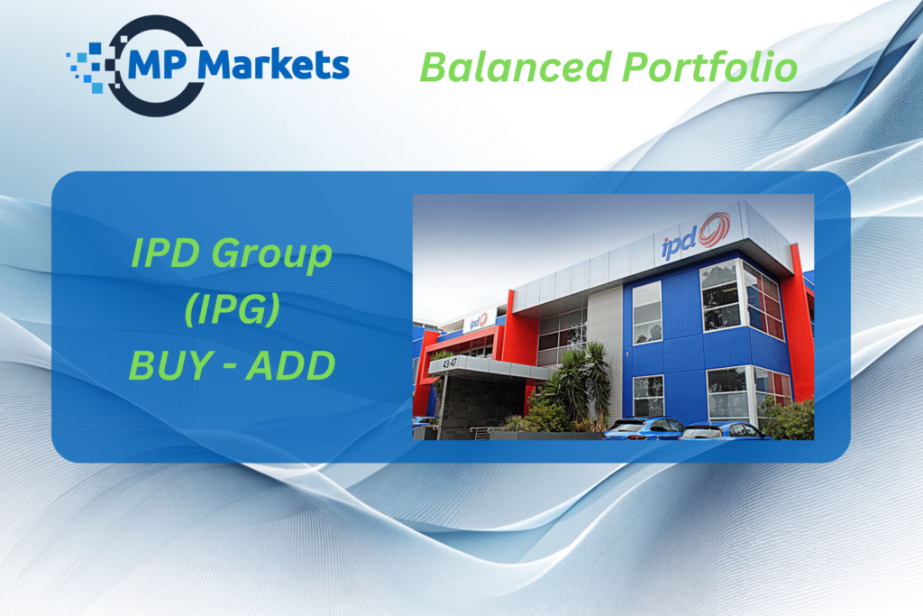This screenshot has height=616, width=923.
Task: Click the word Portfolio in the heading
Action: (x=709, y=67)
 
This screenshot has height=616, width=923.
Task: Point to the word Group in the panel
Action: (x=272, y=255)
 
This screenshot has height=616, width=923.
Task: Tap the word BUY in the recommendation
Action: (x=170, y=365)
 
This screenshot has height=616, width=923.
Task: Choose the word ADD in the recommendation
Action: (x=291, y=365)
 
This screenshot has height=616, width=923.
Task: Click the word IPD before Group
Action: (x=166, y=253)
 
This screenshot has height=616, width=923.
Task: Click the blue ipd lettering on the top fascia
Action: (x=680, y=243)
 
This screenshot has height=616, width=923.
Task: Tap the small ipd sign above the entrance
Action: (x=478, y=321)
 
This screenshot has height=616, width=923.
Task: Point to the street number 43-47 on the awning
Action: (x=449, y=363)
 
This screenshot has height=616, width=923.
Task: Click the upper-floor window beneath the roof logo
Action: (x=720, y=297)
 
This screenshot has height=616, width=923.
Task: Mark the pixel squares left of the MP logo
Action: (x=94, y=66)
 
